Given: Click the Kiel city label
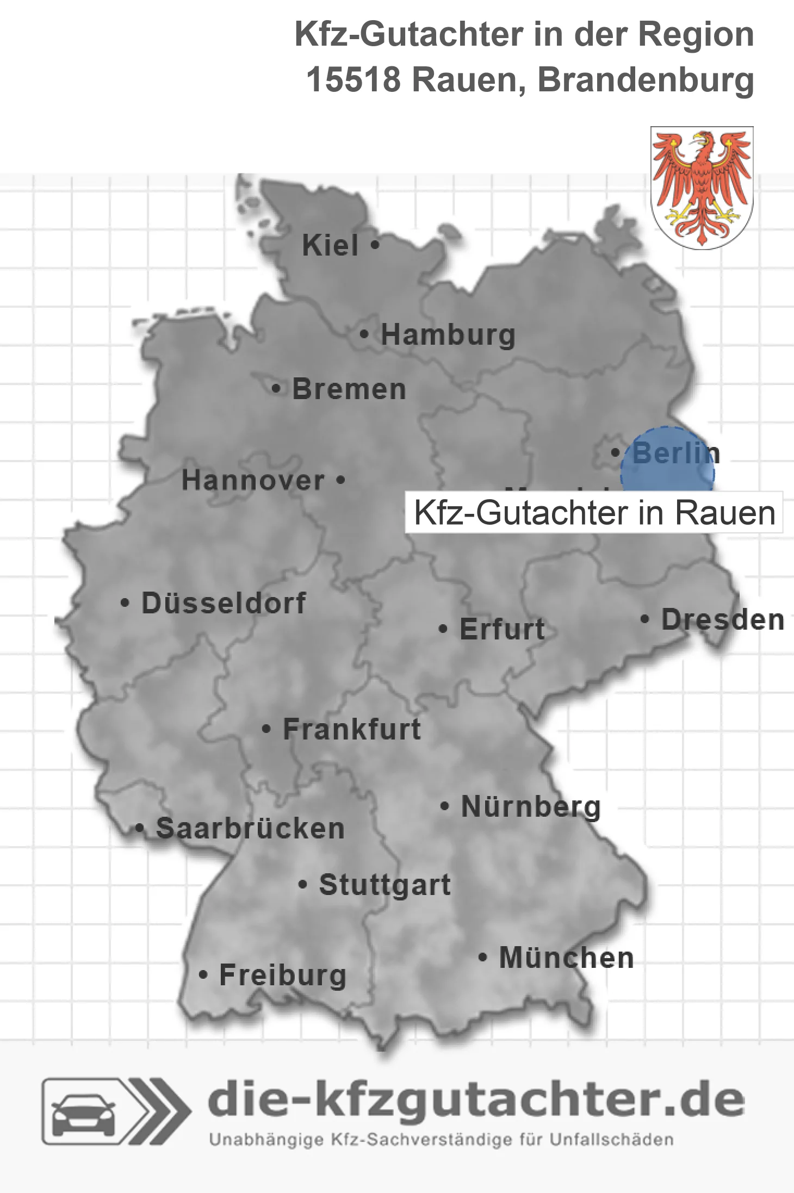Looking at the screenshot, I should (x=330, y=245).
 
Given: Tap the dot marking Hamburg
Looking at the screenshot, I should (x=364, y=334).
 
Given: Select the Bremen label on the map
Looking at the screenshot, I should (x=349, y=389).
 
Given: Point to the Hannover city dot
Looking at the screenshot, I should (x=340, y=480).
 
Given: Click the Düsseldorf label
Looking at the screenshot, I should (x=224, y=603).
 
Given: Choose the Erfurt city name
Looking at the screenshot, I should (x=502, y=629).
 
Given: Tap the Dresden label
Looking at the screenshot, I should (x=723, y=620).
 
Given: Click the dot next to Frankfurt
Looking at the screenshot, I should (x=266, y=729).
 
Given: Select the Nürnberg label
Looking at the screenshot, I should (x=531, y=806).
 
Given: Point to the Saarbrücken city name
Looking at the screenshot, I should (x=250, y=829).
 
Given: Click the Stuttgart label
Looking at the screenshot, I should (x=384, y=885).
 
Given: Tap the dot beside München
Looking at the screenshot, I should (x=482, y=957).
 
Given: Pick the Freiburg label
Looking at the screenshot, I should (x=283, y=975).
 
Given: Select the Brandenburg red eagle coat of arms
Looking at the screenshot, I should (x=702, y=187).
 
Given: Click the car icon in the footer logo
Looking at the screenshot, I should (x=83, y=1113).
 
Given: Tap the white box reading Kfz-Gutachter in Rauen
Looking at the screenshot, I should (x=594, y=513).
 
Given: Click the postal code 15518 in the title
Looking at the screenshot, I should (x=353, y=80).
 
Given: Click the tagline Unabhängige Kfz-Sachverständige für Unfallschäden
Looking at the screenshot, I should (x=441, y=1140).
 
